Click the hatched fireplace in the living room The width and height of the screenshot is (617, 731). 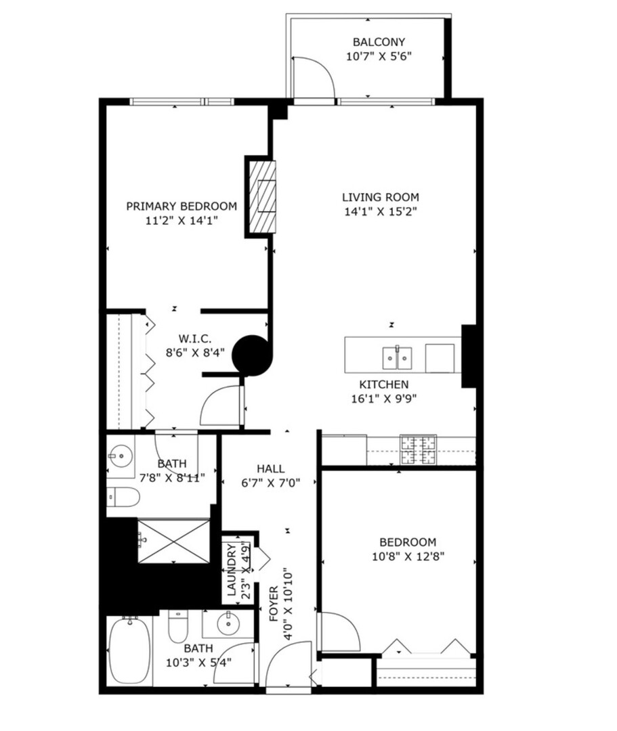coord(261,197)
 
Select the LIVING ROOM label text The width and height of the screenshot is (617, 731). coord(380,197)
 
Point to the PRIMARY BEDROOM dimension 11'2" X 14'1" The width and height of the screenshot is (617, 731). coord(182,221)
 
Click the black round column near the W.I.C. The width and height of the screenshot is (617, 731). coord(251,355)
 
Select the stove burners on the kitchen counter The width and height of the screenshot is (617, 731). coord(418,450)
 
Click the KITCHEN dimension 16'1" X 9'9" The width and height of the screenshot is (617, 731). coord(383,399)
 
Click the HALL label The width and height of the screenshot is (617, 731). coord(270,468)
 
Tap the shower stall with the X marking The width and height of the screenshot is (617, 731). coord(174,541)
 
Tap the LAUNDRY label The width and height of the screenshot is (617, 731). coord(232,569)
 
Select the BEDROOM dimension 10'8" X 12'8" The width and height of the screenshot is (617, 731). coord(407,556)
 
